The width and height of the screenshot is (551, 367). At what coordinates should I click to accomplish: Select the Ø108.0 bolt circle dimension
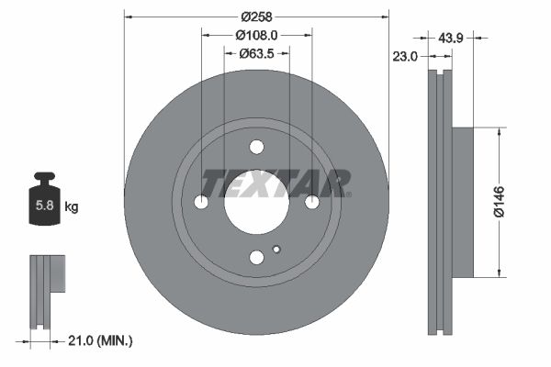click(x=256, y=35)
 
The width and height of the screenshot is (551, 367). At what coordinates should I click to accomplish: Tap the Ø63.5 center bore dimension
click(x=256, y=53)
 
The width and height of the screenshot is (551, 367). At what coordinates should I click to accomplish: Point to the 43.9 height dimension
click(x=450, y=38)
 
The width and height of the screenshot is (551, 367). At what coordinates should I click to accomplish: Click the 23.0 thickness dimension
click(x=405, y=56)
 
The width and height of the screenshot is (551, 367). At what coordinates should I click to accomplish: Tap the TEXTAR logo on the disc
click(x=275, y=183)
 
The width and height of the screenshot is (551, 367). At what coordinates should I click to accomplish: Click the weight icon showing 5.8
click(x=43, y=203)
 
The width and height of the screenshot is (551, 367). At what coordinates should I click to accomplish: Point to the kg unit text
click(x=72, y=207)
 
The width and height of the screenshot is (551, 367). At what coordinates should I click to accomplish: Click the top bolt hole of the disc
click(x=256, y=147)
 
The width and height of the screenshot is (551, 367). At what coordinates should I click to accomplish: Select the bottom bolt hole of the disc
click(x=256, y=257)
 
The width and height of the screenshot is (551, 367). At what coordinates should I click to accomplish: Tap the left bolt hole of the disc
click(x=201, y=202)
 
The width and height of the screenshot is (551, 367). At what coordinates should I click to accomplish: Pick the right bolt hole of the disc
click(x=311, y=202)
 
